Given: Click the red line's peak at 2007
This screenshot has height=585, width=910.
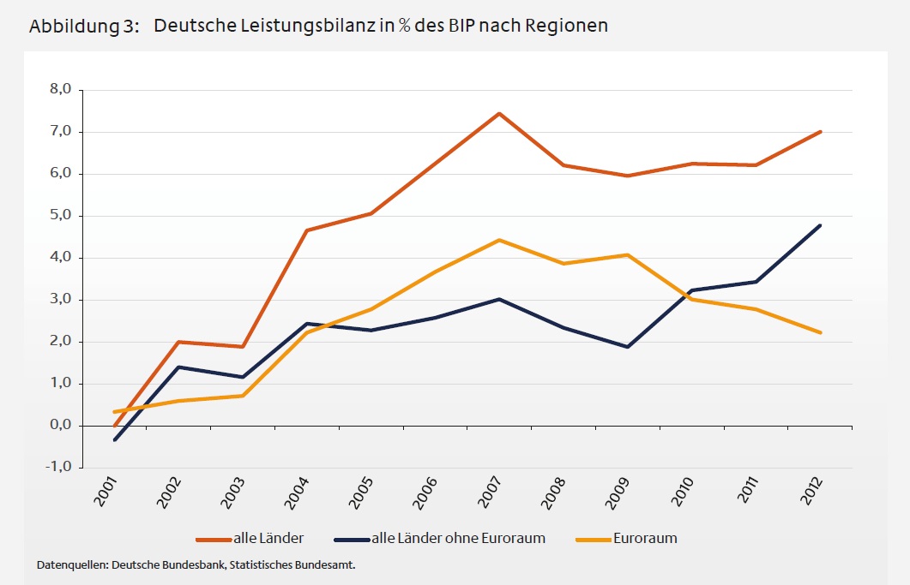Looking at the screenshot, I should (x=499, y=113).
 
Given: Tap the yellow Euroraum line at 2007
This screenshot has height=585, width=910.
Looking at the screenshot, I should (x=499, y=240).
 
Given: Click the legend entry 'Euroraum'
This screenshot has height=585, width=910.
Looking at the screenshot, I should (x=643, y=539).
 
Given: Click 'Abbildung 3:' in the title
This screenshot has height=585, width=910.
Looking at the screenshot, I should (x=84, y=26).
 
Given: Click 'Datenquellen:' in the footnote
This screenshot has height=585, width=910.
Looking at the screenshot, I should (x=73, y=566).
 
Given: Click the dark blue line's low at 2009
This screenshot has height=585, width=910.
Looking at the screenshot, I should (x=628, y=347).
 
